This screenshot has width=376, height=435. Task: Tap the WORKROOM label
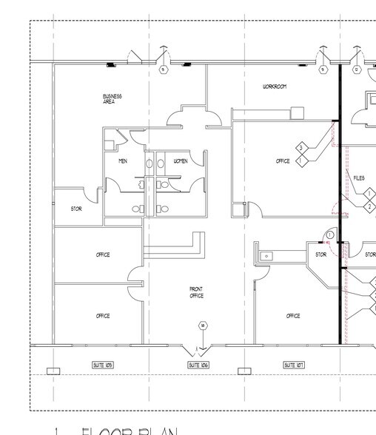[274, 87]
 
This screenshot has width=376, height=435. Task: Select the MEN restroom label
[123, 161]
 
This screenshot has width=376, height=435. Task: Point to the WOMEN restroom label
[180, 161]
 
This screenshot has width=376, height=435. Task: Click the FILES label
[359, 178]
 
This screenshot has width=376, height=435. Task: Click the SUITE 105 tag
[103, 365]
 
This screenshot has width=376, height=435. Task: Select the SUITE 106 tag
[198, 365]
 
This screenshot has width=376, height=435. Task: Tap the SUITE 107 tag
[294, 365]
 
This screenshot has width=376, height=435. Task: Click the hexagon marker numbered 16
[202, 326]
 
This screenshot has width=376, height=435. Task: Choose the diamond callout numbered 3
[301, 147]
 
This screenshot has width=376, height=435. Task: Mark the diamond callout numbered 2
[370, 206]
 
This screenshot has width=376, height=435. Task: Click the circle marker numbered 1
[329, 235]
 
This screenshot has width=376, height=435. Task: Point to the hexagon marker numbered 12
[357, 70]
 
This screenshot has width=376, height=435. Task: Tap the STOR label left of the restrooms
[76, 209]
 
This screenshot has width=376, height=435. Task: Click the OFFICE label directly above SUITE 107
[293, 316]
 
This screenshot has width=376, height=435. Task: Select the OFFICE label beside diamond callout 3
[283, 161]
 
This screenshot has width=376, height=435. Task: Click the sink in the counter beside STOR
[267, 256]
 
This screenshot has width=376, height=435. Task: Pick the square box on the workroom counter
[298, 113]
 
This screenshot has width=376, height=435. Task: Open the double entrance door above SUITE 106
[197, 348]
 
